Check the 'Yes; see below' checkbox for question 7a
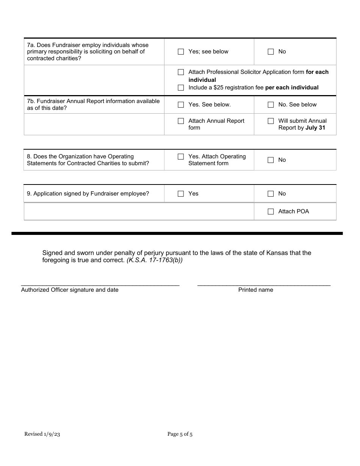tap(181, 52)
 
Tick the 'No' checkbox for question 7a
tap(271, 52)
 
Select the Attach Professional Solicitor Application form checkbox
tap(181, 72)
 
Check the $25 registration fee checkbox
tap(181, 88)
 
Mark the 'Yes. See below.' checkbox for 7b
tap(181, 105)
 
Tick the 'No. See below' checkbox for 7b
tap(271, 105)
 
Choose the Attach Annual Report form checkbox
tap(181, 121)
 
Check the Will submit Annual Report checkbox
tap(271, 121)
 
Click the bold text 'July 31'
tap(315, 128)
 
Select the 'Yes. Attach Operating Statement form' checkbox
tap(181, 157)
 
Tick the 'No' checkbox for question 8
tap(271, 160)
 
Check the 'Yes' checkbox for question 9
tap(181, 194)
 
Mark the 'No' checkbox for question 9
tap(271, 194)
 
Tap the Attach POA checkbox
tap(271, 212)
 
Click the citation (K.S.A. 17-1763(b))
tap(155, 261)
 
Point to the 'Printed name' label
tap(255, 290)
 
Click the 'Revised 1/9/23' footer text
tap(42, 434)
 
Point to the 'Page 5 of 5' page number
tap(180, 434)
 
